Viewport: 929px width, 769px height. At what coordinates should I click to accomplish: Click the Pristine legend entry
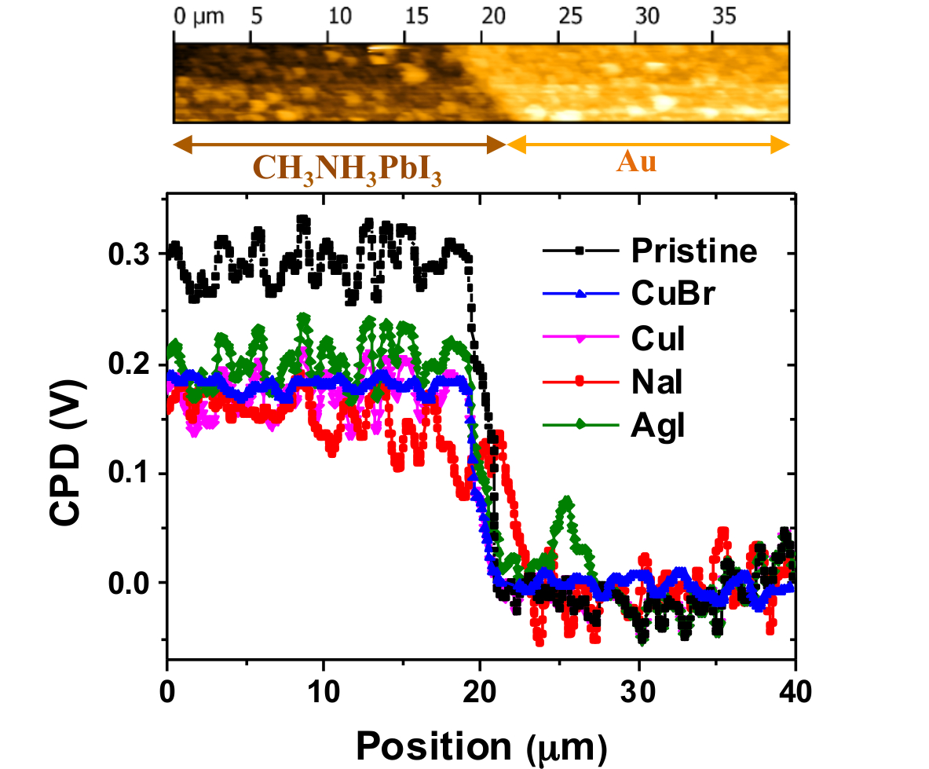[x=693, y=251]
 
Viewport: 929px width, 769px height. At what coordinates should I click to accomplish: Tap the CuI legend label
[x=657, y=339]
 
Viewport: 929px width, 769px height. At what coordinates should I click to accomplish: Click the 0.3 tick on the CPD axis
[x=134, y=254]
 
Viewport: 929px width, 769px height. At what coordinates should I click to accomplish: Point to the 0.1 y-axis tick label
[x=134, y=474]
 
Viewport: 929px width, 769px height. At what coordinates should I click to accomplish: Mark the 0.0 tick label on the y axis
[x=134, y=583]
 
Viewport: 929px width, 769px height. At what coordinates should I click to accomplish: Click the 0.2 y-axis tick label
[x=134, y=364]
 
